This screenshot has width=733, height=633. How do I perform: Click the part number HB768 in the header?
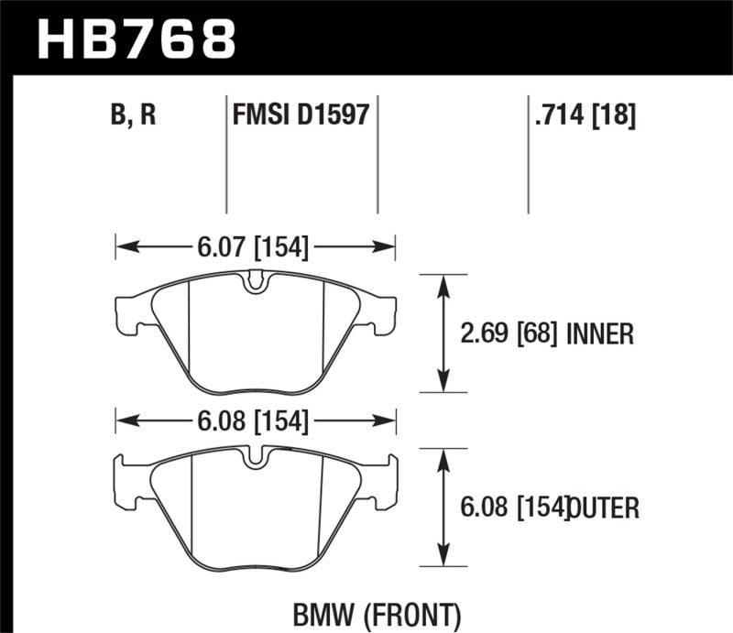pyautogui.click(x=137, y=38)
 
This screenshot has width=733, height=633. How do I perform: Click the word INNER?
pyautogui.click(x=599, y=334)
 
